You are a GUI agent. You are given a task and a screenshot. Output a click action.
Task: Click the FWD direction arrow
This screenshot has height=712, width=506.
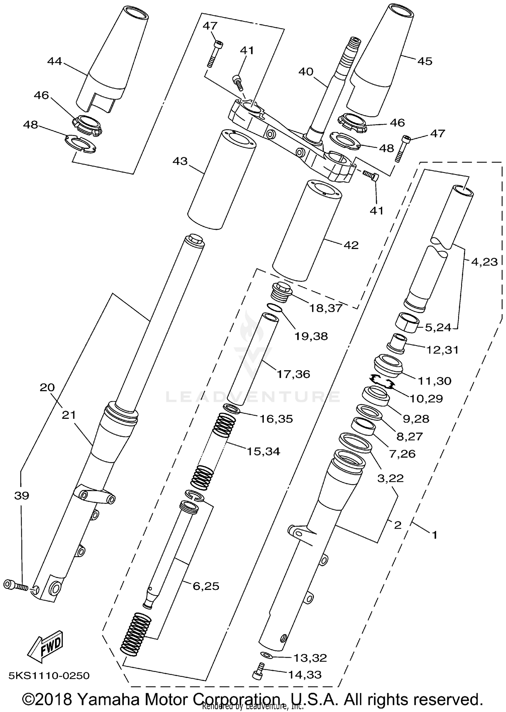[x=45, y=646]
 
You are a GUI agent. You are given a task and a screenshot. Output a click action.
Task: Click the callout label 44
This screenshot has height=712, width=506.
[x=55, y=61]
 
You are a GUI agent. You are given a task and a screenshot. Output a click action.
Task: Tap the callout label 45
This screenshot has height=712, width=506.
[x=424, y=61]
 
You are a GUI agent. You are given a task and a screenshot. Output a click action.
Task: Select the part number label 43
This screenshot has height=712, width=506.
[x=180, y=161]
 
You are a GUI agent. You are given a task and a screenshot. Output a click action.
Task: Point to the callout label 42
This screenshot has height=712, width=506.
[x=351, y=245]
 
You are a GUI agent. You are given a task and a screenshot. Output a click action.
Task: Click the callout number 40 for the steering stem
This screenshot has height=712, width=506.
[x=306, y=72]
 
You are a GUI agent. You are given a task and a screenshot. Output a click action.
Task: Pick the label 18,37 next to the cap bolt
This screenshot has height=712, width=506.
[x=326, y=308]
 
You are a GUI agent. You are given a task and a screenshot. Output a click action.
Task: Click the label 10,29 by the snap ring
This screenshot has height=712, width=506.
[x=426, y=399]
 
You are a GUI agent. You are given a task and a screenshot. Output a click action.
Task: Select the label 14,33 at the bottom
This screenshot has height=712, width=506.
[x=305, y=675]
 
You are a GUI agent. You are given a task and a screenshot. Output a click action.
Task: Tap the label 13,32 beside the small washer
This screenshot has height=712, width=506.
[x=310, y=658]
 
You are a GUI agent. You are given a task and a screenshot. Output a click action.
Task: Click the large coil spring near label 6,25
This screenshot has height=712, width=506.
[x=136, y=634]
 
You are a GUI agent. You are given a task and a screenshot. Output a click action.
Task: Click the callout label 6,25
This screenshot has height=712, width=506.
[x=206, y=586]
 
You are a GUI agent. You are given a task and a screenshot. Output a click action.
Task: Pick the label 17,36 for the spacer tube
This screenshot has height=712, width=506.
[x=293, y=374]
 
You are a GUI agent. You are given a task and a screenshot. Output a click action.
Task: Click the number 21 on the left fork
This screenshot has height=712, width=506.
[x=69, y=415]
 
